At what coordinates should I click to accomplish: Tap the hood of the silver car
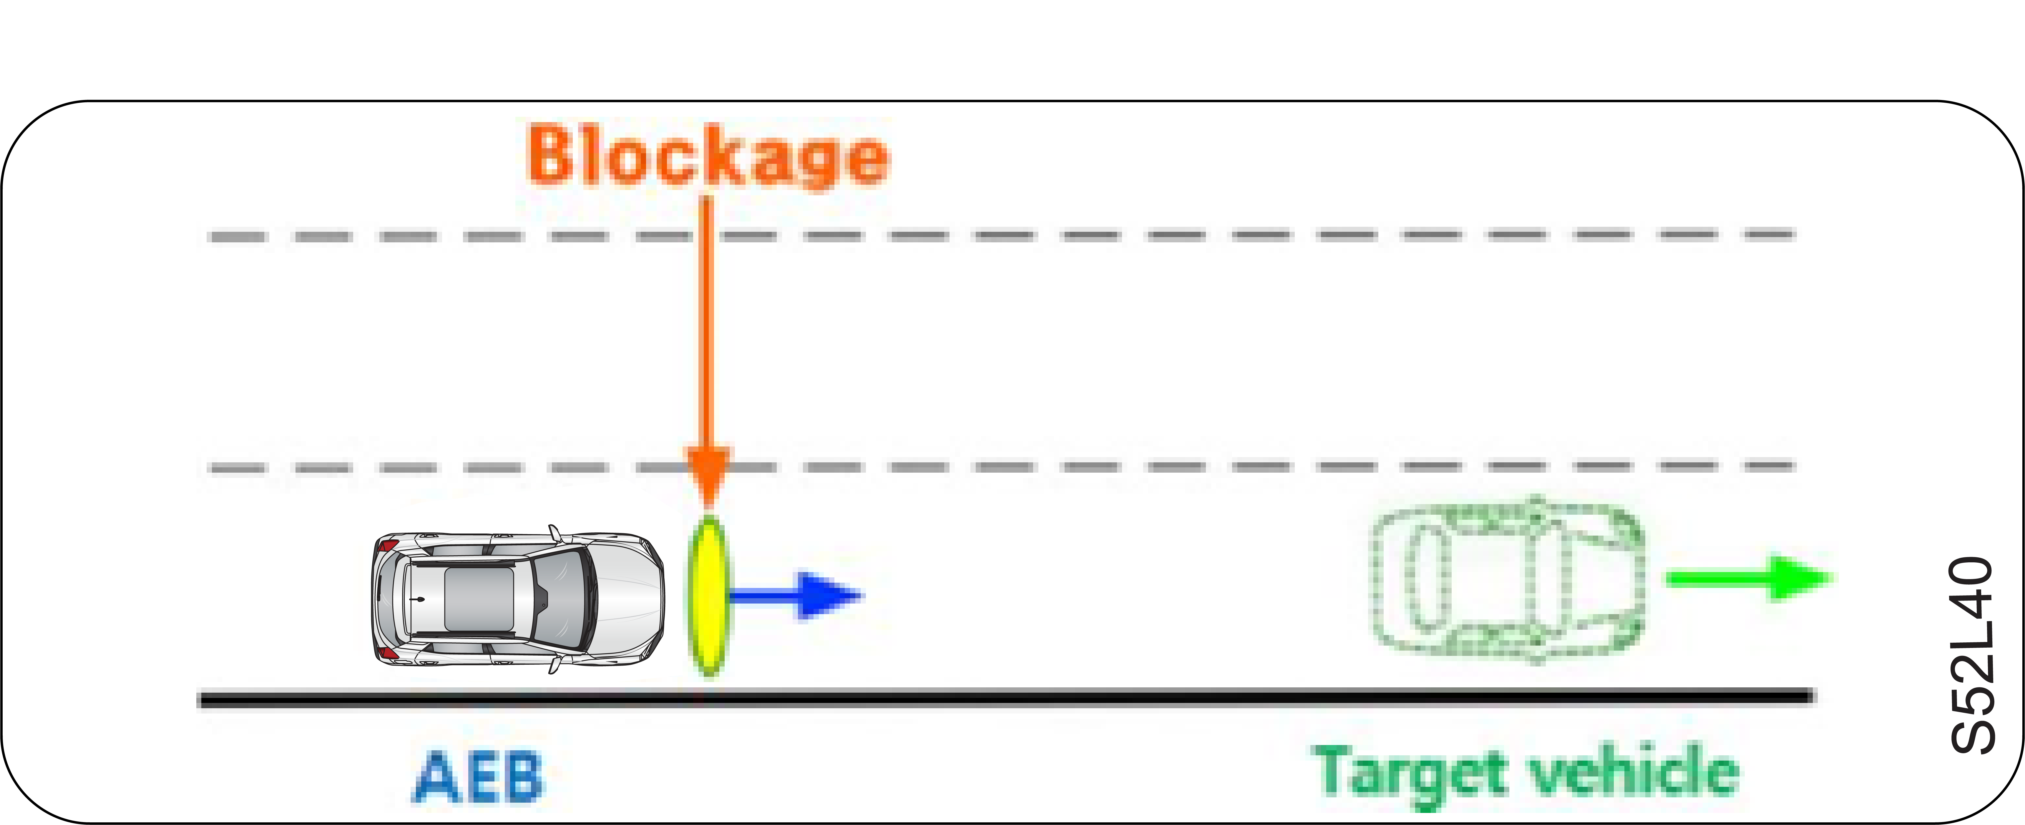click(x=629, y=599)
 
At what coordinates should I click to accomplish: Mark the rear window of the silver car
click(x=393, y=599)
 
